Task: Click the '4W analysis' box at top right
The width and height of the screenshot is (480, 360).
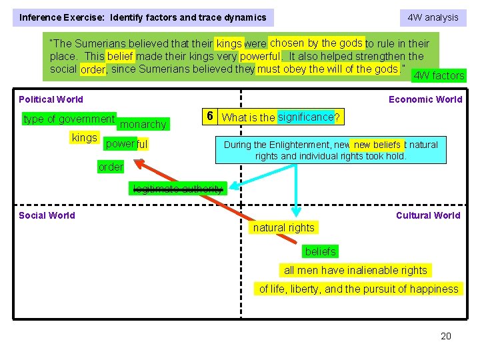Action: click(433, 17)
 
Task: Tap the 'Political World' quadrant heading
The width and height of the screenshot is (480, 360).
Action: click(51, 99)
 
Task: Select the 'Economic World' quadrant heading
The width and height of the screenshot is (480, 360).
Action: click(425, 99)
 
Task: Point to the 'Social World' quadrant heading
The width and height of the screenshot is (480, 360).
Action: click(47, 215)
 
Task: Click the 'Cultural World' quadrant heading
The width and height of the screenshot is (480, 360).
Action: click(428, 215)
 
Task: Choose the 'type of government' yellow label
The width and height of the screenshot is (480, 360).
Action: click(69, 119)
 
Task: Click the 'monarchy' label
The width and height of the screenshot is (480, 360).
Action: click(143, 125)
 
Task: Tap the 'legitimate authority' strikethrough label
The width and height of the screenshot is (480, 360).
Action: click(178, 189)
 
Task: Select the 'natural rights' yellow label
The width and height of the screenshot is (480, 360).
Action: click(283, 228)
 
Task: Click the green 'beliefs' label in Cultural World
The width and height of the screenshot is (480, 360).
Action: click(321, 251)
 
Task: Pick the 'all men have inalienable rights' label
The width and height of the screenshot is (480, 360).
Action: click(355, 270)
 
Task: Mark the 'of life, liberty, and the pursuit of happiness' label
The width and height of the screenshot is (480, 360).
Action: click(359, 289)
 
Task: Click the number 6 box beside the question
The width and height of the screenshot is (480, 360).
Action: click(209, 116)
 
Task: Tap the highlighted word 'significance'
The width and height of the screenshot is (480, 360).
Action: click(305, 117)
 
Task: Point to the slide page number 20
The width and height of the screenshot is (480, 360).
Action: click(446, 336)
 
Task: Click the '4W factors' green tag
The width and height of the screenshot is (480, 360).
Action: click(439, 75)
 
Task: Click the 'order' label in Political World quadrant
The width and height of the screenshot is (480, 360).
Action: click(111, 167)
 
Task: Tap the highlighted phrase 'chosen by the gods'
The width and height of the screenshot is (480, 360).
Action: click(316, 43)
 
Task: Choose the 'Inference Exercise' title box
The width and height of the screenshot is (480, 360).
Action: click(143, 17)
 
